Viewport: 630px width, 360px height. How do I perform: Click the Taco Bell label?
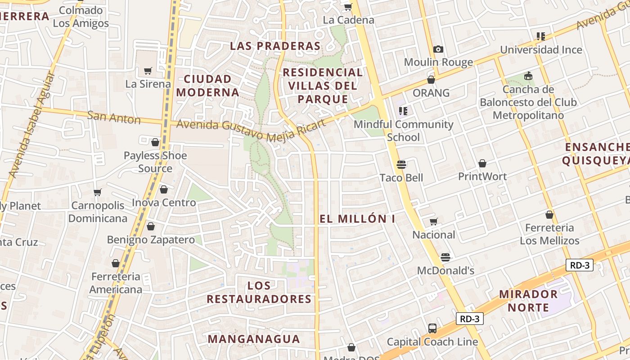[x=401, y=178]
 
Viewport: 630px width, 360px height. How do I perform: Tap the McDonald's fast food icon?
[x=445, y=257]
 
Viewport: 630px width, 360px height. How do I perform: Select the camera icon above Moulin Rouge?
[x=438, y=49]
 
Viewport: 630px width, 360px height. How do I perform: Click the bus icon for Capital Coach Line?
[x=432, y=328]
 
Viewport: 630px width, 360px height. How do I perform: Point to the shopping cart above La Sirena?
[x=148, y=71]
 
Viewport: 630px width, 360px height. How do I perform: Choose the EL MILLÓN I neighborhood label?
[x=357, y=219]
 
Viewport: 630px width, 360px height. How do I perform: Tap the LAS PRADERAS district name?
[x=275, y=46]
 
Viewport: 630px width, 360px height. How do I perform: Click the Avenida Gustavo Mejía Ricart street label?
[x=251, y=130]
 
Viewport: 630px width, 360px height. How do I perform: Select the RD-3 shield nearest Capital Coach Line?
[x=470, y=319]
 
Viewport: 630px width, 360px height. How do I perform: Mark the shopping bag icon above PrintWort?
[x=482, y=163]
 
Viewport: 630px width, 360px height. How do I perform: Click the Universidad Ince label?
[x=541, y=50]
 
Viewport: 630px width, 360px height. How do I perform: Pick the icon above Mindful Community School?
[x=403, y=111]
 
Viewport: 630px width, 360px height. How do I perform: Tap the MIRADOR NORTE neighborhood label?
[x=528, y=301]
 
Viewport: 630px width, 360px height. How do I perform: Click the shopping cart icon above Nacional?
[x=434, y=221]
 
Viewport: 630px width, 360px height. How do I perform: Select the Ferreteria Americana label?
[x=116, y=283]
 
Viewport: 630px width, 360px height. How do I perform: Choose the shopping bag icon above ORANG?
[x=431, y=80]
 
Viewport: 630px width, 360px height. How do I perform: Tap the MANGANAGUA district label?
[x=254, y=339]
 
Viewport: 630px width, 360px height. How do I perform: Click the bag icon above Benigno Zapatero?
[x=151, y=226]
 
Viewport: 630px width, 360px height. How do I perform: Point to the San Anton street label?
[x=114, y=118]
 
